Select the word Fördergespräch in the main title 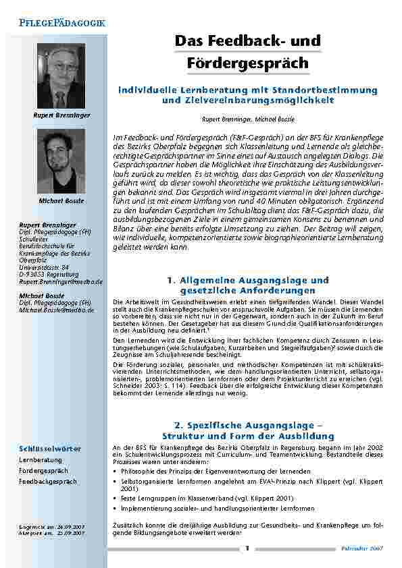(247, 63)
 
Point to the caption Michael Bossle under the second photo (61, 201)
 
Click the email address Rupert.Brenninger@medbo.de (61, 281)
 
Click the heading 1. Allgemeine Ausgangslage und (247, 280)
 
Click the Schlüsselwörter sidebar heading (51, 448)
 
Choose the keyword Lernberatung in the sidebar (40, 459)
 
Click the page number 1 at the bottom (247, 548)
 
